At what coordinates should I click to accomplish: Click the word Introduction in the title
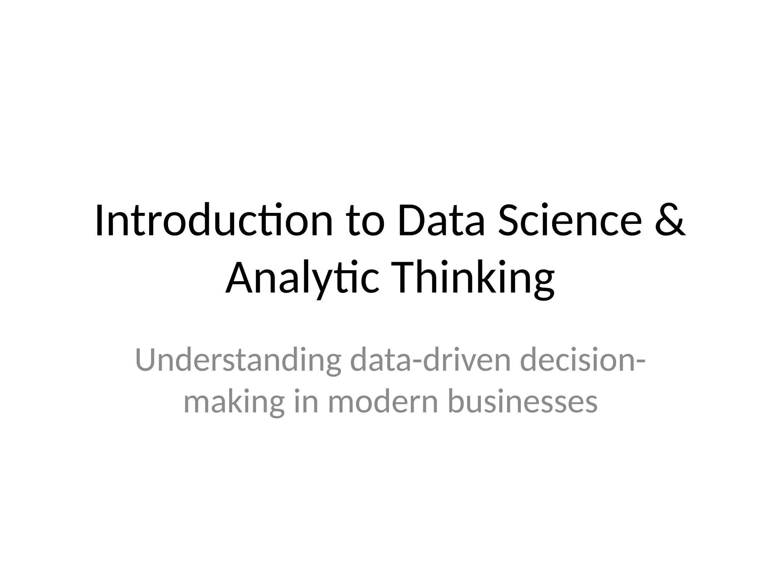[214, 221]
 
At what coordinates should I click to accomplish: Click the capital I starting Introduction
[100, 221]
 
